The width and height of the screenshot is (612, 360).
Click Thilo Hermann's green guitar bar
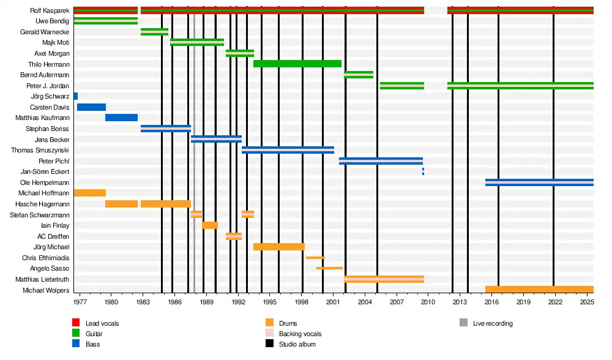(x=297, y=64)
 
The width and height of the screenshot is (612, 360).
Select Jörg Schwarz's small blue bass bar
(x=76, y=97)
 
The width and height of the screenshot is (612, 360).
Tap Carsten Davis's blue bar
(x=91, y=107)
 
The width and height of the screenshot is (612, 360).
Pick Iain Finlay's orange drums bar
(x=210, y=225)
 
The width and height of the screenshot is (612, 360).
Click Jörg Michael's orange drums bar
(x=279, y=247)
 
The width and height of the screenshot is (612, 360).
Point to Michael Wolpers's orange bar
(x=539, y=290)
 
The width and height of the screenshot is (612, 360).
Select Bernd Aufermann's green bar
(x=359, y=75)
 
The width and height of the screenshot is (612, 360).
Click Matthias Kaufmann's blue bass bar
(x=121, y=118)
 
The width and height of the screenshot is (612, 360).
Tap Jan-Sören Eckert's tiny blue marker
(x=423, y=171)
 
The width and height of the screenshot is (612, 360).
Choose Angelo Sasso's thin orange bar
(x=329, y=268)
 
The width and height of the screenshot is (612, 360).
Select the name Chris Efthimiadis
(x=45, y=258)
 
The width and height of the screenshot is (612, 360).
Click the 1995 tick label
(x=270, y=302)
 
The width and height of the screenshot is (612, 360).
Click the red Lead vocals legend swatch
(x=76, y=323)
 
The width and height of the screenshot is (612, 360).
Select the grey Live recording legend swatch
(x=463, y=323)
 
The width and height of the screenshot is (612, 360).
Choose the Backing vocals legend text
(x=300, y=334)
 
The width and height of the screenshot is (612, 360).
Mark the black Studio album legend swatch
(x=269, y=344)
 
